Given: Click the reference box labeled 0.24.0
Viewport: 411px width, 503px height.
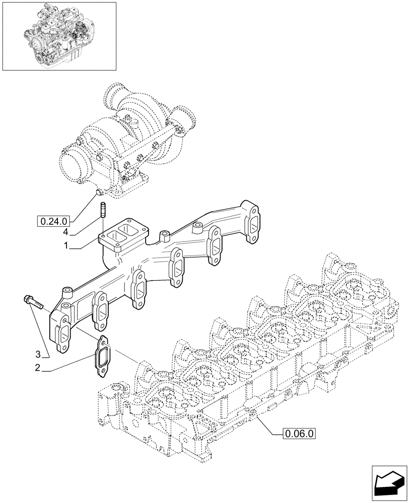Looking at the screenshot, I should click(x=54, y=220).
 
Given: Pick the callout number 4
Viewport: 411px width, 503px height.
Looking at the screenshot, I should click(x=65, y=232).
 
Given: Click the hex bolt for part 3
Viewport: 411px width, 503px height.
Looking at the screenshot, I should click(x=33, y=302).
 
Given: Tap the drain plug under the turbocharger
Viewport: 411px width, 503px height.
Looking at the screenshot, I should click(x=99, y=192).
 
